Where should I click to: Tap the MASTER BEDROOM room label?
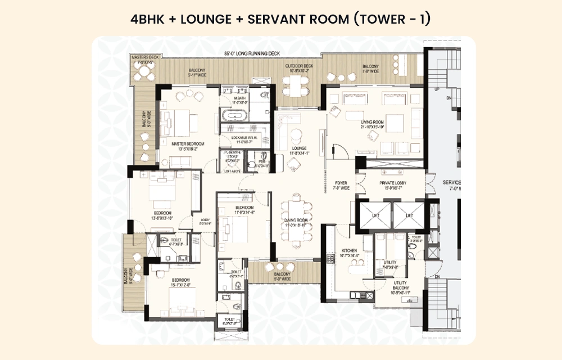[x=187, y=144]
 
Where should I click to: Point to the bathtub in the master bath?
[x=233, y=116]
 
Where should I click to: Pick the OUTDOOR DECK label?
[x=299, y=66]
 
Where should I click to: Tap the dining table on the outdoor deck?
[x=296, y=84]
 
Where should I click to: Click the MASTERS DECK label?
[x=143, y=57]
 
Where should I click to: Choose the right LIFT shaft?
[x=409, y=215]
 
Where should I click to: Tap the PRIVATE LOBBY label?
[x=393, y=183]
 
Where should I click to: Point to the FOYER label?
[x=341, y=183]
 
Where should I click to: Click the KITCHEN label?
[x=349, y=250]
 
